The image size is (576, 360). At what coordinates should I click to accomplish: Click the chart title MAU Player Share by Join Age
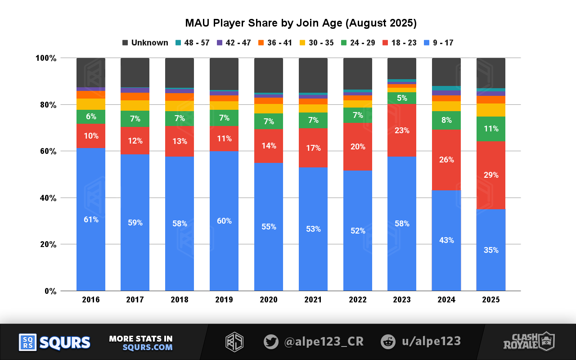tap(301, 23)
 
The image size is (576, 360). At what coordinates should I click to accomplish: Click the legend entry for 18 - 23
tap(400, 43)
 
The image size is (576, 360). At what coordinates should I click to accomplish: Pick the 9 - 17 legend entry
tap(438, 43)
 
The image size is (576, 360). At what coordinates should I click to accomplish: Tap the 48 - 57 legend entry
tap(192, 43)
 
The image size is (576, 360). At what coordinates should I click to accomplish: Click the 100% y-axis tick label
tap(46, 58)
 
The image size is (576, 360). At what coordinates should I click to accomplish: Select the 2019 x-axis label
tap(224, 300)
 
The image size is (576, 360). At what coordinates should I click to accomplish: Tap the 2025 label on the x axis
tap(490, 300)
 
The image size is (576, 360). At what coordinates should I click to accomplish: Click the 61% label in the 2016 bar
tap(91, 220)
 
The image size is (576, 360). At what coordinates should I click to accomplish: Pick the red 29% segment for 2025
tap(490, 175)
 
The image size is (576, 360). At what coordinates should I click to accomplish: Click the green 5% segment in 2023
tap(402, 98)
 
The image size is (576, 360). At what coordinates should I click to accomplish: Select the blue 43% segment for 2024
tap(446, 240)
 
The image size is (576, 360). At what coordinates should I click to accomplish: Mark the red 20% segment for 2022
tap(358, 147)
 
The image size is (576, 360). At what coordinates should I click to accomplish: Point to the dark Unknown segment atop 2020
tap(269, 75)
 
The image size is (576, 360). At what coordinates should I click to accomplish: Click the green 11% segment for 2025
tap(490, 129)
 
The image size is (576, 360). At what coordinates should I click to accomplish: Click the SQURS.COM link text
tap(147, 347)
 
